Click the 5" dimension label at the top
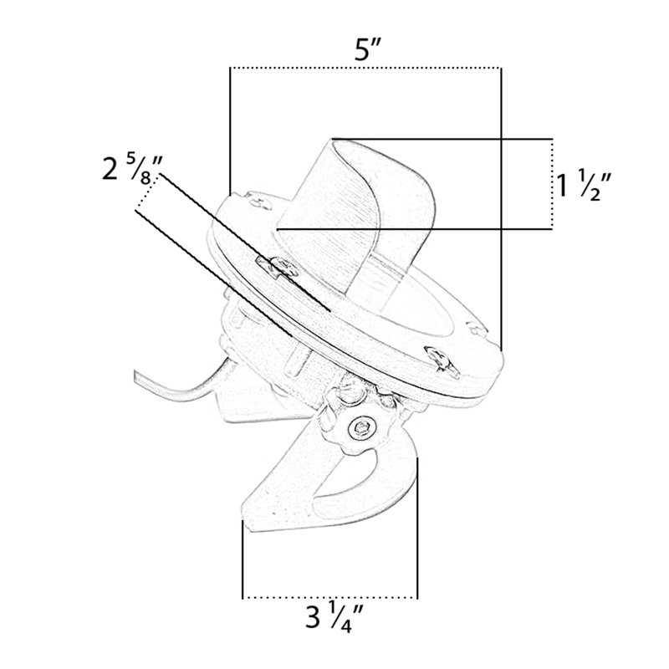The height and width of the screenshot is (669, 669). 367,51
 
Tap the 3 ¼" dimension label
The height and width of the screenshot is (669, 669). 334,616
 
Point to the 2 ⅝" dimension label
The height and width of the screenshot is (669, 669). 133,169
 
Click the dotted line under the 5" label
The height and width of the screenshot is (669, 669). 365,68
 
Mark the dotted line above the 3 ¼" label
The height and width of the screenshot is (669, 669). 329,597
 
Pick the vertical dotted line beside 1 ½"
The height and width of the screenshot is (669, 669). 552,184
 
